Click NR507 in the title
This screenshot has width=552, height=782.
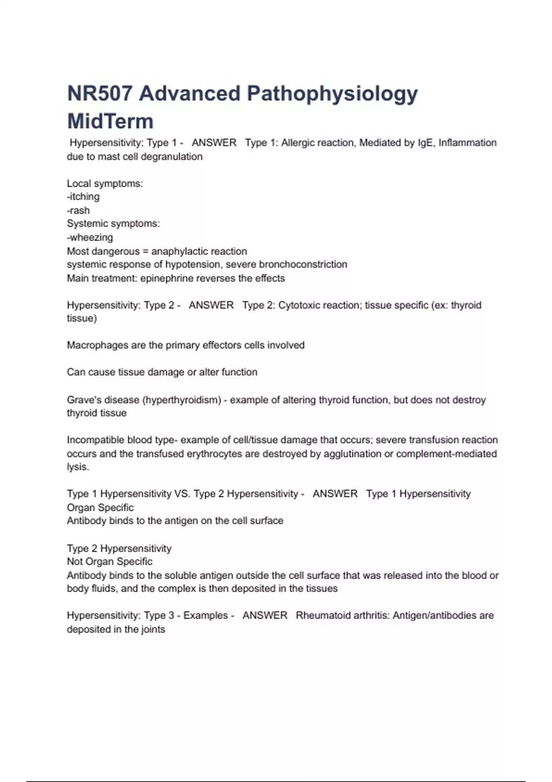coord(99,94)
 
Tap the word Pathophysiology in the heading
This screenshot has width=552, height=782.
coord(333,94)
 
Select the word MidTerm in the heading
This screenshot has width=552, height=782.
coord(110,121)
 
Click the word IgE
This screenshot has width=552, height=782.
coord(425,143)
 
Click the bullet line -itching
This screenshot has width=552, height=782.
coord(83,197)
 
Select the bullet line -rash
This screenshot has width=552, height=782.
coord(78,211)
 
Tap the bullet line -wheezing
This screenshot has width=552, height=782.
coord(90,238)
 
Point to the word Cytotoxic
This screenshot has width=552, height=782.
coord(299,305)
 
